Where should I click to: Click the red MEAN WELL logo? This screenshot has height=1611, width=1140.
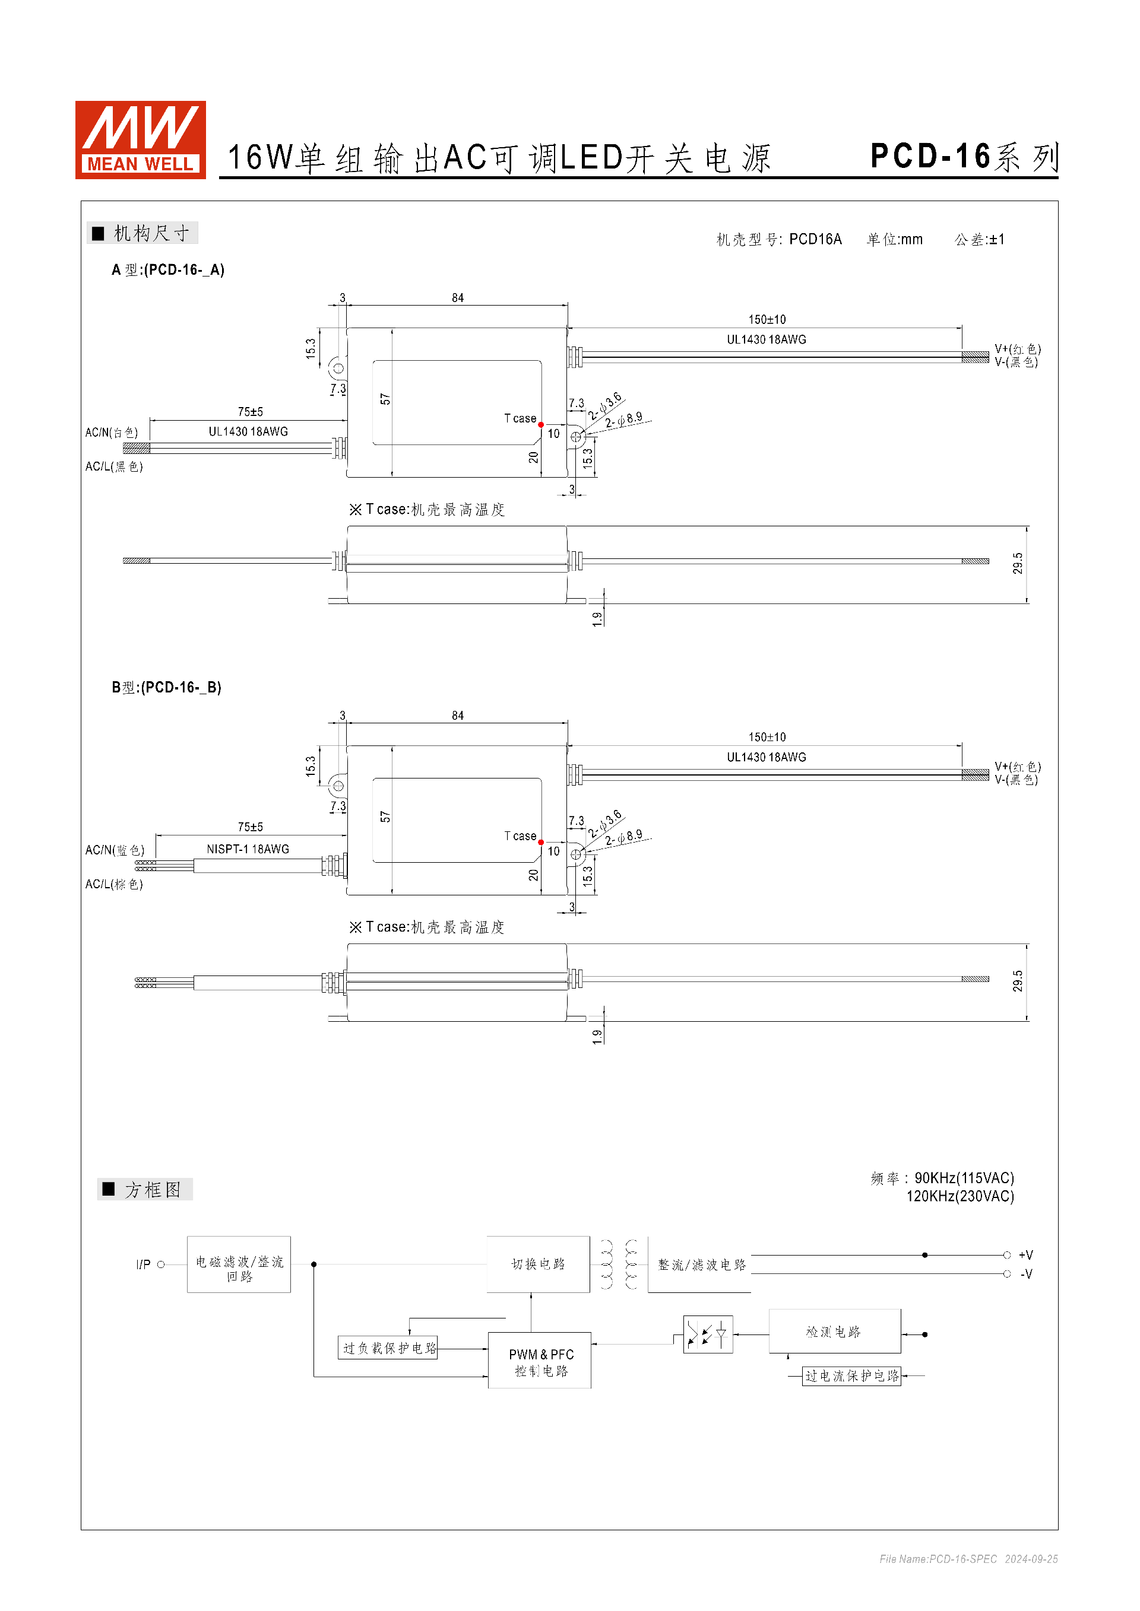(140, 139)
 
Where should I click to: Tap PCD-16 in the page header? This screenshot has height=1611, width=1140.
(930, 157)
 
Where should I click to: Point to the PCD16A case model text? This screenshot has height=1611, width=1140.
(815, 239)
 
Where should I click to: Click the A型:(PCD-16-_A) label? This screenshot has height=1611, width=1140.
(168, 270)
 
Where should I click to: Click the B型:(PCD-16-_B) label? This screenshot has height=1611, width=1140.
(166, 688)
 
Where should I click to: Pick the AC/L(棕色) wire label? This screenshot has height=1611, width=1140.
(114, 884)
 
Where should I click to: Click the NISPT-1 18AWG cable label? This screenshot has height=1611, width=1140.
(248, 849)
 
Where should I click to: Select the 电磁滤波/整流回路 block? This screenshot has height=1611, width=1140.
(239, 1264)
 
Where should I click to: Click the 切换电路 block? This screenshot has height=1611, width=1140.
(538, 1264)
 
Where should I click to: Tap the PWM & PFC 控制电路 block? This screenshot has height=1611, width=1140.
(540, 1361)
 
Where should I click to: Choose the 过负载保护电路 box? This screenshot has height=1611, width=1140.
(388, 1348)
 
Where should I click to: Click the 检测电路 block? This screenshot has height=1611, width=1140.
(834, 1331)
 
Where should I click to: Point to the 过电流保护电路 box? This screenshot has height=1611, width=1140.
(851, 1376)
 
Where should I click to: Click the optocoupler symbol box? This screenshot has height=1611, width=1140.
(708, 1334)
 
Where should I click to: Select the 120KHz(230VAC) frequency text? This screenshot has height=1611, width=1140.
(959, 1196)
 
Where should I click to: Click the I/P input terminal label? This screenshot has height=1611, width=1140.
(143, 1264)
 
